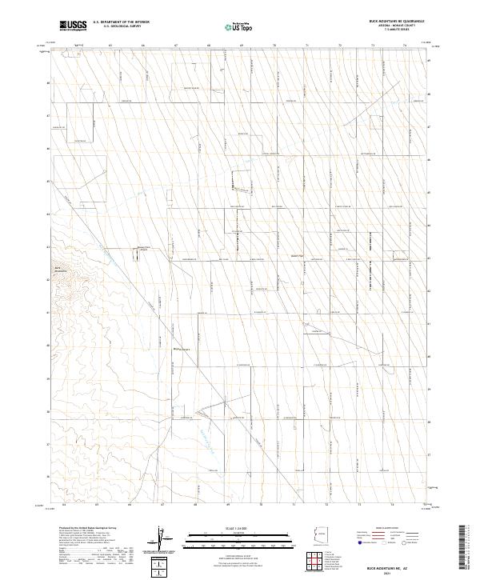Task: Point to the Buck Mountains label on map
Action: pyautogui.click(x=62, y=269)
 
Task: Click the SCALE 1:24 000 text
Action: pyautogui.click(x=240, y=529)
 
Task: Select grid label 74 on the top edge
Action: pyautogui.click(x=406, y=46)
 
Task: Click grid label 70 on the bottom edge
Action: pyautogui.click(x=262, y=506)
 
